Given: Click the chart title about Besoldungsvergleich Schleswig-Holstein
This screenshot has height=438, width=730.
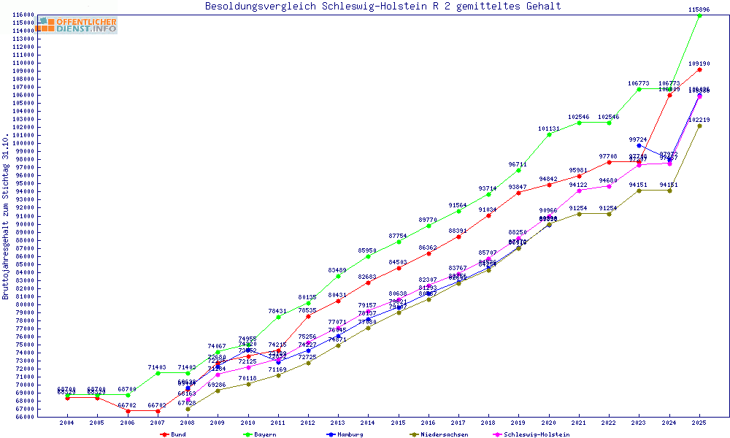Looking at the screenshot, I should pyautogui.click(x=383, y=7).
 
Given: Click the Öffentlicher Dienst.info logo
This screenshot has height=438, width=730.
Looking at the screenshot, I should pyautogui.click(x=77, y=25).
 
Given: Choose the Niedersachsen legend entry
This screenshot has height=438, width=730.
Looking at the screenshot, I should pyautogui.click(x=443, y=434).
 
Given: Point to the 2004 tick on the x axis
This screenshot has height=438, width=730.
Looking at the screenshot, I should pyautogui.click(x=66, y=423).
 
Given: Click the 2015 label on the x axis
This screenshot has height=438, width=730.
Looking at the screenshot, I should pyautogui.click(x=398, y=423).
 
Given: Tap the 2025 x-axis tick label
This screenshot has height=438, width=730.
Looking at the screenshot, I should pyautogui.click(x=699, y=423).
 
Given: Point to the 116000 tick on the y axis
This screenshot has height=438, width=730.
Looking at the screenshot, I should pyautogui.click(x=24, y=15).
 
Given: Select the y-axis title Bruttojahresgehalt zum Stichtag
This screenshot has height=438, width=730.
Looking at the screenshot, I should pyautogui.click(x=6, y=217).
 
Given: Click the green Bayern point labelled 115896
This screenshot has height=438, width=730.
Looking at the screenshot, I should pyautogui.click(x=699, y=15).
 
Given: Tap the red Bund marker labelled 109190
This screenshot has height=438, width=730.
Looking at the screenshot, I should pyautogui.click(x=699, y=69).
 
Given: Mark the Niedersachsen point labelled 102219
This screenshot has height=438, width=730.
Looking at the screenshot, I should pyautogui.click(x=699, y=126).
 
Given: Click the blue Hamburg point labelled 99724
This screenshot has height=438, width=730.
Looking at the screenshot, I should pyautogui.click(x=639, y=145).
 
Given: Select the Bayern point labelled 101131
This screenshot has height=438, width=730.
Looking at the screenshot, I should pyautogui.click(x=549, y=134).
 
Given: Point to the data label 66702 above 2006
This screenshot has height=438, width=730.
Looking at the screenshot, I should pyautogui.click(x=127, y=404).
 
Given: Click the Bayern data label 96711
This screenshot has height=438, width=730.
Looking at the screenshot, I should pyautogui.click(x=518, y=164).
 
